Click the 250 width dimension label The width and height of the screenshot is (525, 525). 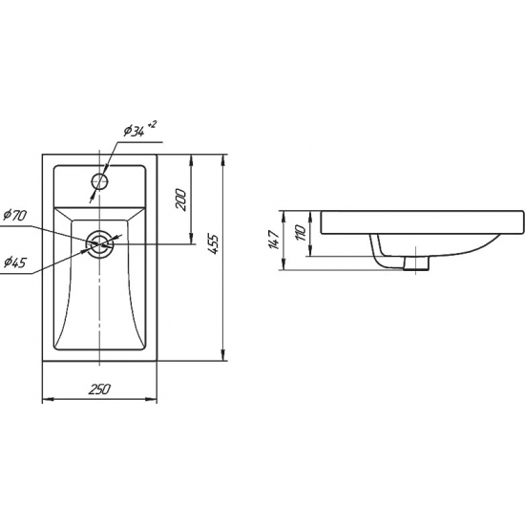99,389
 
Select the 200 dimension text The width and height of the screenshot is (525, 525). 180,199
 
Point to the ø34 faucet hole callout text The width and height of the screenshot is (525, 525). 134,131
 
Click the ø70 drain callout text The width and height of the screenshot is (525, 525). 14,215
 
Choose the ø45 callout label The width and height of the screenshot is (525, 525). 14,262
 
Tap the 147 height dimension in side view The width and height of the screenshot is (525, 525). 274,240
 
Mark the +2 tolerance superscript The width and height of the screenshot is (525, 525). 152,124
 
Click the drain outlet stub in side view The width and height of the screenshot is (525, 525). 416,262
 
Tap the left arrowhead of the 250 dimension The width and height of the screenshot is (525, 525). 49,399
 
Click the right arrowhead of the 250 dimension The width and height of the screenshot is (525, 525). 151,399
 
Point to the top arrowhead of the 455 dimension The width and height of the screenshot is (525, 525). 223,160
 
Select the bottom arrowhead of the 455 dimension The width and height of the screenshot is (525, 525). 223,355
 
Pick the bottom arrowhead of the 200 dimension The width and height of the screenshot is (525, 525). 191,238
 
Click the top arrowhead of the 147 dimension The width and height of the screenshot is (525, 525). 283,217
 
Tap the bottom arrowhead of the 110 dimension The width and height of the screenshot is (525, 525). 310,251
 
